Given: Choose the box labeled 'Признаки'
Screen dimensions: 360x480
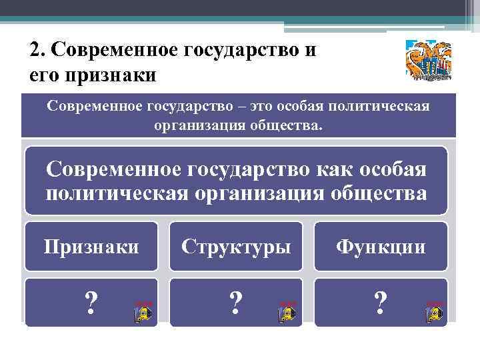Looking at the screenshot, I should pos(91,247).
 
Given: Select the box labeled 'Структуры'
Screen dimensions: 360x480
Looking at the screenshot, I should pos(237,247).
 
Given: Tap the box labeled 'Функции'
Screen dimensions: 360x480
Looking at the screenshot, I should pos(381,247).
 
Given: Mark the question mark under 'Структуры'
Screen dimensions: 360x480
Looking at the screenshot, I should pos(235,304).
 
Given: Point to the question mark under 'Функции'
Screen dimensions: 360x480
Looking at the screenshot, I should pos(381,304).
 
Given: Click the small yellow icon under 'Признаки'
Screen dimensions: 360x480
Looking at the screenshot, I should pos(143,311).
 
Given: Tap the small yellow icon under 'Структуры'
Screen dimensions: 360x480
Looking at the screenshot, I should pos(287,311).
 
